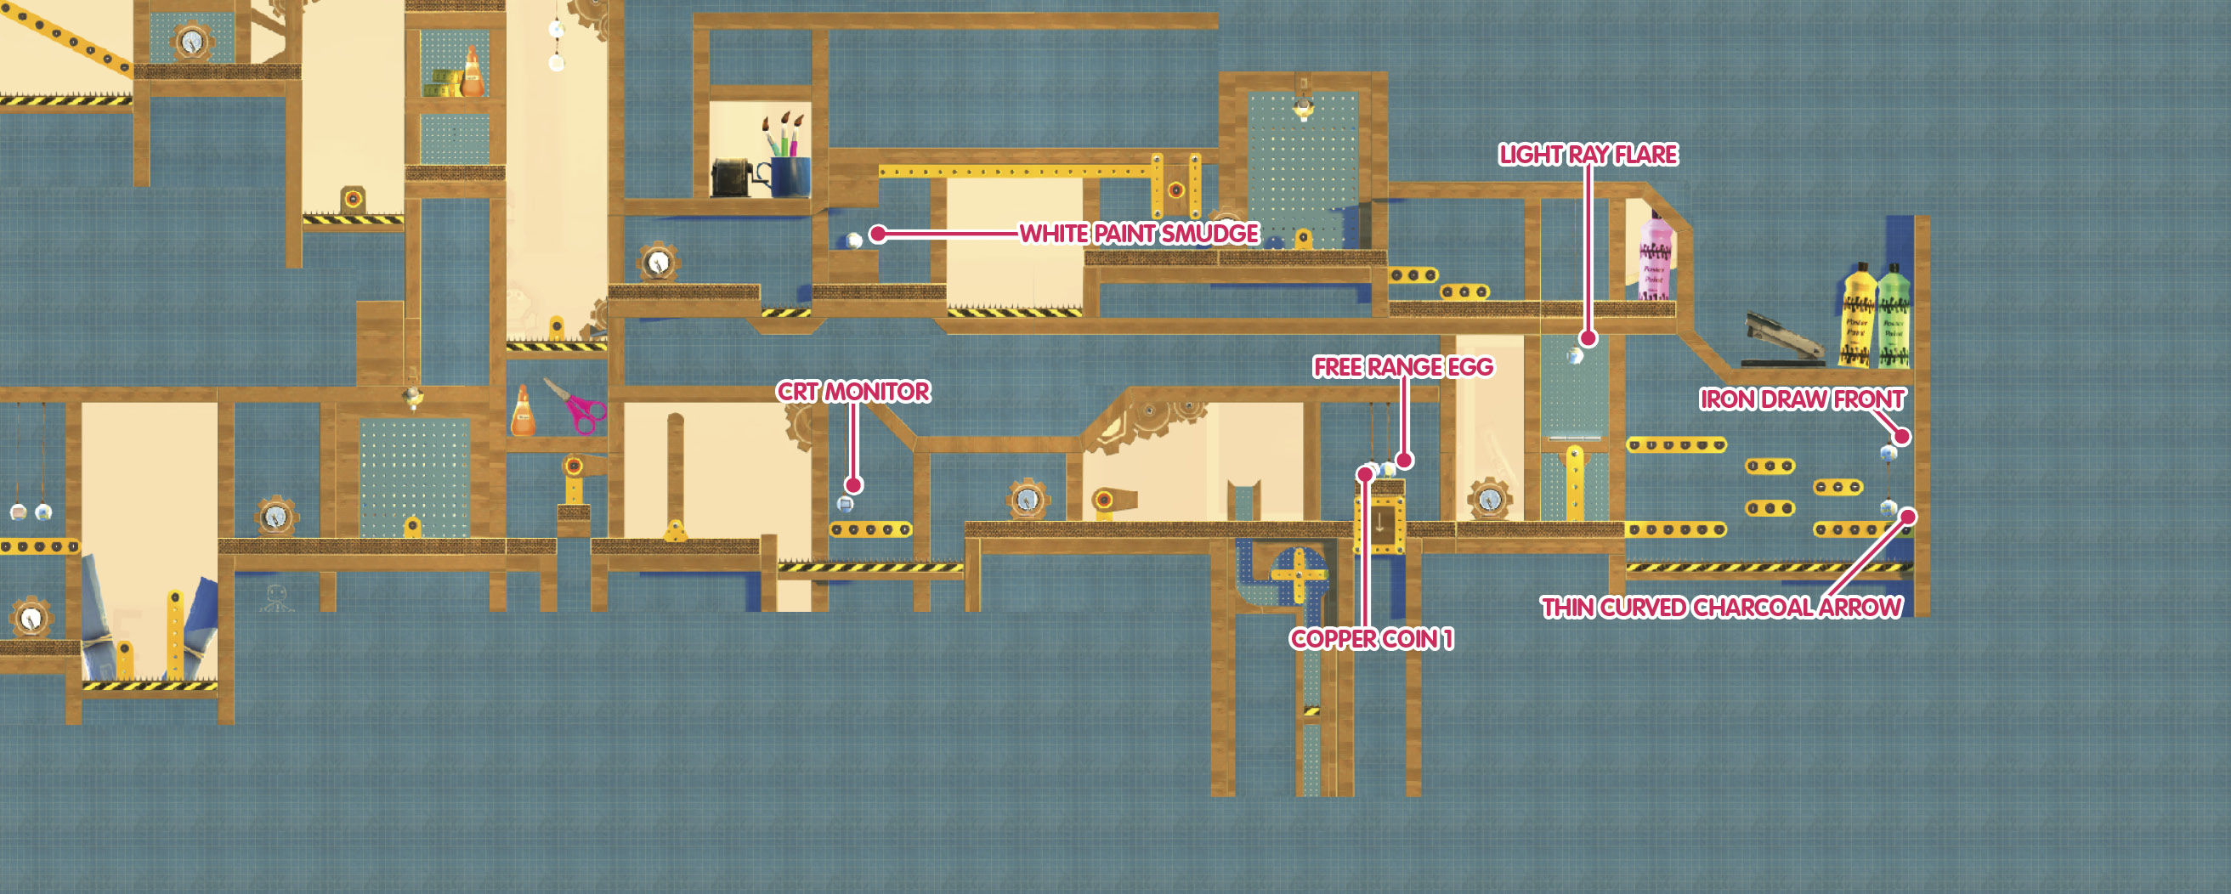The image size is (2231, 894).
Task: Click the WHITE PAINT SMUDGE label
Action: pyautogui.click(x=1139, y=234)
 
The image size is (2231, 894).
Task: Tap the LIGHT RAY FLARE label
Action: pyautogui.click(x=1588, y=155)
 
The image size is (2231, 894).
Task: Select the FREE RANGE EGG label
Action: pyautogui.click(x=1403, y=367)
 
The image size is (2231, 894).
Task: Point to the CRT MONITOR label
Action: pyautogui.click(x=853, y=392)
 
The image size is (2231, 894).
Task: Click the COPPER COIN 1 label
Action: pyautogui.click(x=1372, y=639)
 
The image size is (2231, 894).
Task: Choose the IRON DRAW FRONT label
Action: pyautogui.click(x=1803, y=399)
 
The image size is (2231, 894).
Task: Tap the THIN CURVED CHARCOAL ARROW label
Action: pyautogui.click(x=1722, y=608)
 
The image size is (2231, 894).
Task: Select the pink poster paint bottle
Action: pyautogui.click(x=1654, y=255)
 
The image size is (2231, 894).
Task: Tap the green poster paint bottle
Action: pyautogui.click(x=1894, y=315)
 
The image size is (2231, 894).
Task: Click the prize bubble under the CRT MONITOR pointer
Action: pyautogui.click(x=846, y=503)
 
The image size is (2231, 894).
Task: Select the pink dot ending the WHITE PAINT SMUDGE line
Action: pyautogui.click(x=878, y=234)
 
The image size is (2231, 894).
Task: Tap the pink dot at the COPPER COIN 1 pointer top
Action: pyautogui.click(x=1366, y=473)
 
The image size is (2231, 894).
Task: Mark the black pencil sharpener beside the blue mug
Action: pyautogui.click(x=734, y=178)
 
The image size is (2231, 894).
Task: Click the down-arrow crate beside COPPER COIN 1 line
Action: pyautogui.click(x=1379, y=523)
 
